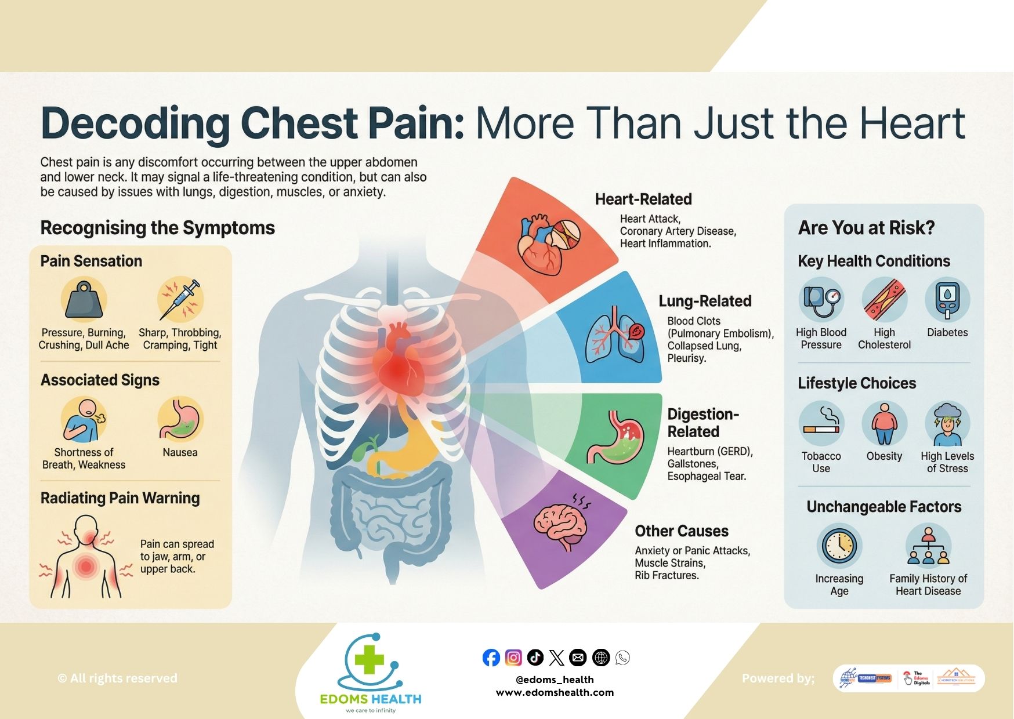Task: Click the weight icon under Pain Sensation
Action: (84, 300)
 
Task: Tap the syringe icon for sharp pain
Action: (180, 299)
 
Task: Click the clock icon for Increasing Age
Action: (839, 546)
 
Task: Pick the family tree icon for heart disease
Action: (928, 546)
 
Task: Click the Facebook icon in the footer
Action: (491, 658)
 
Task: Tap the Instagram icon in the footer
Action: (513, 658)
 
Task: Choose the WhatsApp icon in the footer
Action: (622, 658)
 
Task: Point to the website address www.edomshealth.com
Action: (555, 692)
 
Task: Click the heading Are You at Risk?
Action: (866, 228)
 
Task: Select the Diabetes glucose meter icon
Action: (947, 300)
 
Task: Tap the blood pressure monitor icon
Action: (821, 300)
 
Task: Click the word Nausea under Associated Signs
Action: (180, 452)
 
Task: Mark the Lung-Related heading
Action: (705, 301)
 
